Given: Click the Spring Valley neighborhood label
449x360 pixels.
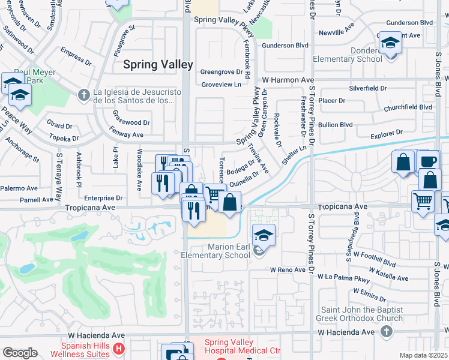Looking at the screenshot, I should (158, 64).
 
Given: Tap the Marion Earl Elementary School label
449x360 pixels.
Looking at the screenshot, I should (216, 250).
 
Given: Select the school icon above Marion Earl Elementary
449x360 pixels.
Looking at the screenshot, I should (263, 235).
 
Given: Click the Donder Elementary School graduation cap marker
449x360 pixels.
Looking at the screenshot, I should (390, 43).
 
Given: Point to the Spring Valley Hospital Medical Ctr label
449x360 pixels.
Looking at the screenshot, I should (243, 346).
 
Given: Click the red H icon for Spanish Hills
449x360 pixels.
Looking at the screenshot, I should (119, 347).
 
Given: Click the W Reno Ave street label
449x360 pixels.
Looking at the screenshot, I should (288, 270).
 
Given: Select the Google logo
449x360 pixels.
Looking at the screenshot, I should (20, 352).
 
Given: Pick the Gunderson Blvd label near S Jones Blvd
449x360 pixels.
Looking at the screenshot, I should (411, 22).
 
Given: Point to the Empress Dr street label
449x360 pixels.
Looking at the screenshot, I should (76, 57).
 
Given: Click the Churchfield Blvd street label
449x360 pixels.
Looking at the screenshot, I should (408, 107).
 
